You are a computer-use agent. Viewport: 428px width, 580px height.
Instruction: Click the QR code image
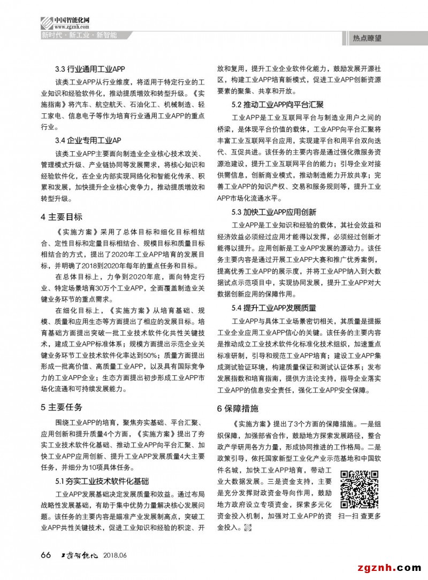[360, 489]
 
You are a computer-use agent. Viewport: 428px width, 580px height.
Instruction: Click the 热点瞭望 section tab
[368, 38]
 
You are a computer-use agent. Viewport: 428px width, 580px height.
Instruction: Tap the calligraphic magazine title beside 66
[79, 555]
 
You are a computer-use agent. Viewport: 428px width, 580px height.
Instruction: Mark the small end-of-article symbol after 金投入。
[247, 529]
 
